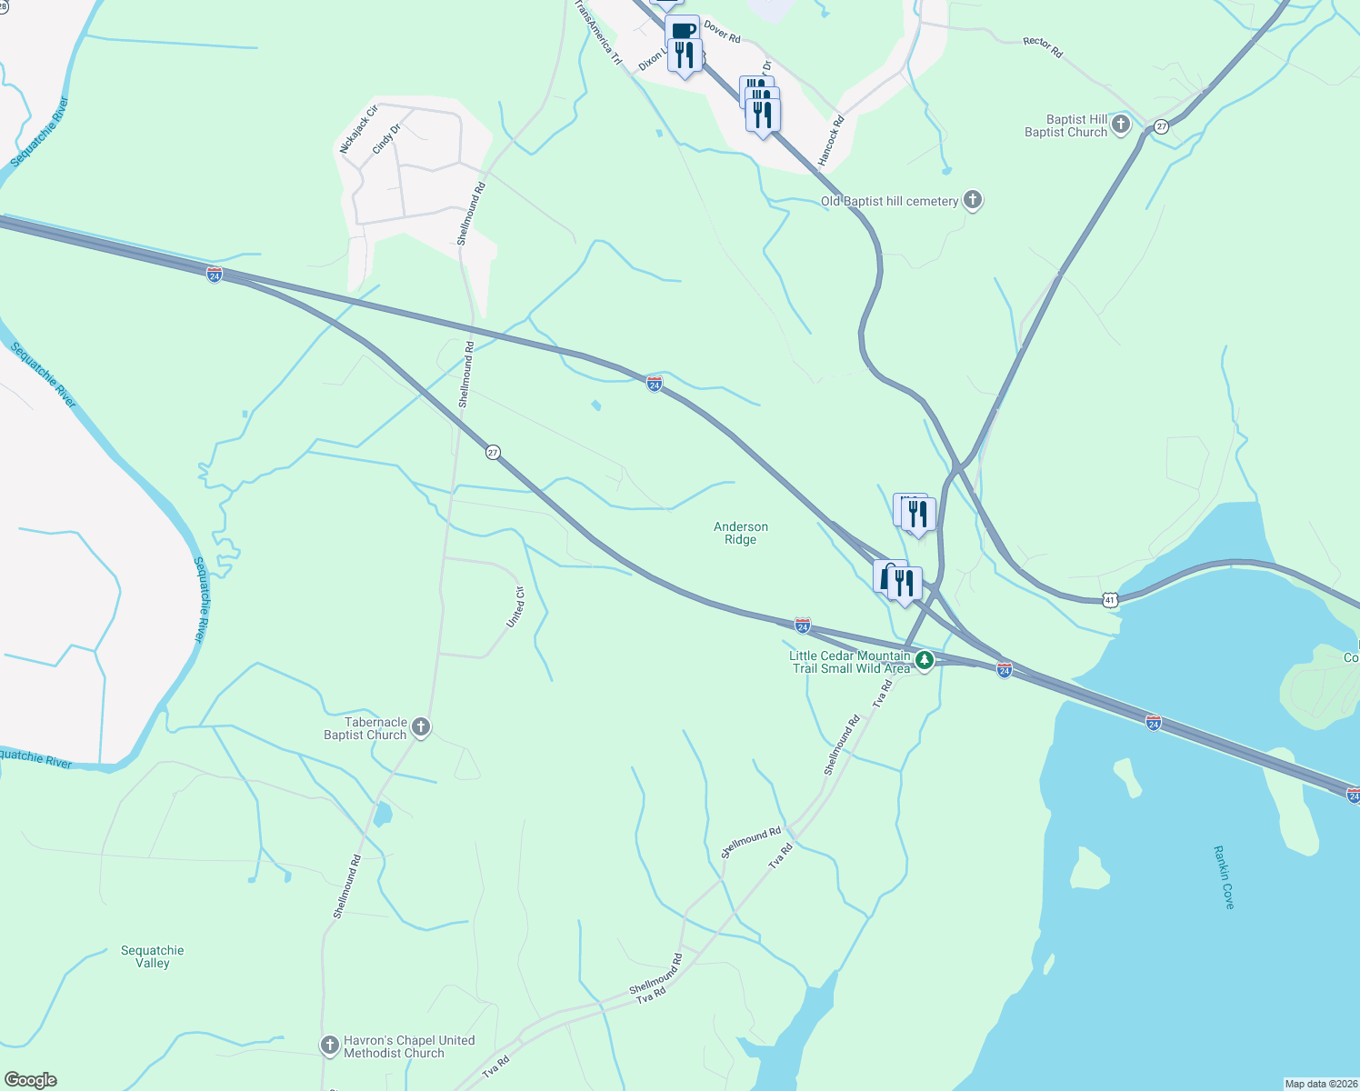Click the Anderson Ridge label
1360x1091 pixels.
pyautogui.click(x=740, y=533)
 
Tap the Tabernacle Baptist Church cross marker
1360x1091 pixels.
pyautogui.click(x=420, y=726)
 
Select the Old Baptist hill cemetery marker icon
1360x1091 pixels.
pyautogui.click(x=973, y=200)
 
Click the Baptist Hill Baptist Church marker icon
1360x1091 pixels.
pyautogui.click(x=1121, y=125)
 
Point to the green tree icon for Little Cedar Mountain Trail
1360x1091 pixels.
pyautogui.click(x=925, y=660)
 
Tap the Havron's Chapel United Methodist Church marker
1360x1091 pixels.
pyautogui.click(x=330, y=1046)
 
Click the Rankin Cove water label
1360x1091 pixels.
pyautogui.click(x=1224, y=876)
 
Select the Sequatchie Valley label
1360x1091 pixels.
pyautogui.click(x=153, y=956)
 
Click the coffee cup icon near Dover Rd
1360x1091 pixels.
pyautogui.click(x=683, y=30)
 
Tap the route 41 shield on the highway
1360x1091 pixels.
pyautogui.click(x=1109, y=599)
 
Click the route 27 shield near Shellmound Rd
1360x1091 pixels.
pyautogui.click(x=493, y=452)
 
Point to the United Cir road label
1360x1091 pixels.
pyautogui.click(x=515, y=607)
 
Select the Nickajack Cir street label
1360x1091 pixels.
pyautogui.click(x=357, y=129)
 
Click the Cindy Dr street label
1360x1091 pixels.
pyautogui.click(x=386, y=139)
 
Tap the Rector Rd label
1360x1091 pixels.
pyautogui.click(x=1042, y=47)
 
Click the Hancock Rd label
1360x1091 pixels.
pyautogui.click(x=830, y=141)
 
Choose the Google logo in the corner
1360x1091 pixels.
pyautogui.click(x=30, y=1080)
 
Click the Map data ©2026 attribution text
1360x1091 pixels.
pyautogui.click(x=1320, y=1084)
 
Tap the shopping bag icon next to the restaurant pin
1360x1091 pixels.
pyautogui.click(x=885, y=576)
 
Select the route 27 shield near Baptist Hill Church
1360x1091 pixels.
pyautogui.click(x=1161, y=125)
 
